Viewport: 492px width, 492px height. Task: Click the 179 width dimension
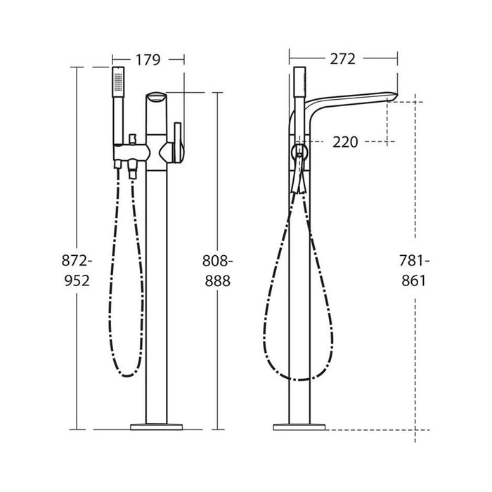click(148, 60)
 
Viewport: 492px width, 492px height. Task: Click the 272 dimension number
click(343, 59)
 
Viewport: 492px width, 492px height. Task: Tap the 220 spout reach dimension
click(345, 142)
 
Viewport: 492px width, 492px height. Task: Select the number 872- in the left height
click(77, 261)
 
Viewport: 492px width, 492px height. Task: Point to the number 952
click(77, 280)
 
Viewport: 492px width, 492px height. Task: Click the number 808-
click(217, 261)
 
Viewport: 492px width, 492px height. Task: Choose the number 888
click(218, 281)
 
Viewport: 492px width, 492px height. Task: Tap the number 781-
click(414, 261)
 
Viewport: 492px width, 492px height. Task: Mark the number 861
click(414, 280)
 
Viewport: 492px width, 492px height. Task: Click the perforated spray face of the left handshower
click(118, 82)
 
